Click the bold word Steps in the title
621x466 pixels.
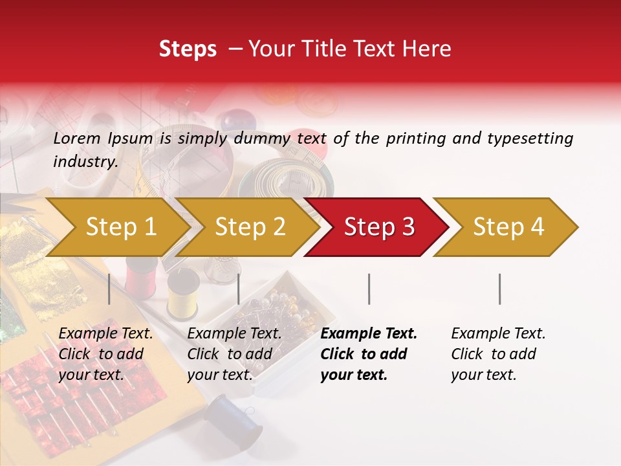click(x=188, y=49)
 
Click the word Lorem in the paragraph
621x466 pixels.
click(x=77, y=138)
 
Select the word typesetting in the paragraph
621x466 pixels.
click(x=530, y=138)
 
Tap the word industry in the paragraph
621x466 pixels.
click(x=85, y=161)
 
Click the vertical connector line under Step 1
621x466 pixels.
click(x=109, y=289)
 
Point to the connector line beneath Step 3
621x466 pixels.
click(x=369, y=289)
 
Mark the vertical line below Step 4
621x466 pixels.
click(x=500, y=289)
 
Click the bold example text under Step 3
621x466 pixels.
click(x=368, y=354)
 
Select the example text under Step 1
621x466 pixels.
click(x=105, y=354)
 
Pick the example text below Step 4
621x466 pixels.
click(x=497, y=354)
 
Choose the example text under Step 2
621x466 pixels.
click(x=234, y=354)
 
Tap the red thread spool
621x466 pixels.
click(x=138, y=276)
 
